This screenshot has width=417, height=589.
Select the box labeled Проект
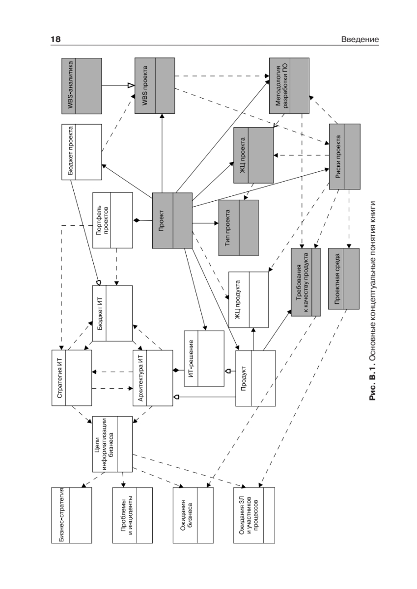(x=172, y=220)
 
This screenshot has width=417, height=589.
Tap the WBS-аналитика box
(x=82, y=86)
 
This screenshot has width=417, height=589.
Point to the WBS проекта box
(x=155, y=86)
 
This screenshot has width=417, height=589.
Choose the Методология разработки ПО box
(x=289, y=86)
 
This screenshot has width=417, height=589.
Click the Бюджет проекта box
(x=82, y=152)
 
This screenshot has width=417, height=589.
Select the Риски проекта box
(x=344, y=157)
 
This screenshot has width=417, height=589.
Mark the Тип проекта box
(x=238, y=227)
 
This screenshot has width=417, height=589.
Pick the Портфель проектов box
(x=112, y=220)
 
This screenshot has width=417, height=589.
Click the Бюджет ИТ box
(x=112, y=313)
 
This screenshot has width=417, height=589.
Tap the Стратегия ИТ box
(x=72, y=377)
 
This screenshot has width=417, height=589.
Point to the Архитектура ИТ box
(x=153, y=377)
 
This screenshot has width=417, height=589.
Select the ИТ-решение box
(x=204, y=359)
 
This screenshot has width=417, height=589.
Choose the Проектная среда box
(x=344, y=278)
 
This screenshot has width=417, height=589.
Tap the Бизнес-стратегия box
(x=72, y=515)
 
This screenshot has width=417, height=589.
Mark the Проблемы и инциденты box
(x=133, y=515)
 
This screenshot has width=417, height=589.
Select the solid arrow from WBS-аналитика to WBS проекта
(x=118, y=86)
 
